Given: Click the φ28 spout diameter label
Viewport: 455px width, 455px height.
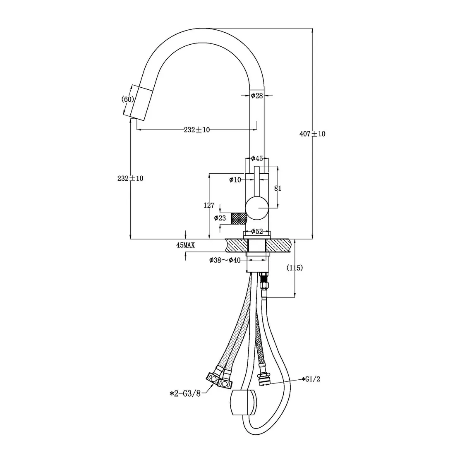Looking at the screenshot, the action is (257, 96).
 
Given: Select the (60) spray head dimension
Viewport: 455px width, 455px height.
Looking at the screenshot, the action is (128, 99).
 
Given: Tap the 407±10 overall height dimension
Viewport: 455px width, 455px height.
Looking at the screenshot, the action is (312, 134).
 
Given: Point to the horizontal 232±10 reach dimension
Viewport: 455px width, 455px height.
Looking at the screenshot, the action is (197, 130).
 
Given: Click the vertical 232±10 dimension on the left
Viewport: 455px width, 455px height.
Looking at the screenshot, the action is (130, 178).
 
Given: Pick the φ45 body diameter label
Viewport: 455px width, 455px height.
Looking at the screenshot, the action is (257, 158).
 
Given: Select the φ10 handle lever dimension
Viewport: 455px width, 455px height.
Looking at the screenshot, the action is (235, 180).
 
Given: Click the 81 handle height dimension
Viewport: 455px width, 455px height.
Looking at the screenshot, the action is (278, 188).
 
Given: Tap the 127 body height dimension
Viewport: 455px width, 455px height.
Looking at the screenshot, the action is (209, 205).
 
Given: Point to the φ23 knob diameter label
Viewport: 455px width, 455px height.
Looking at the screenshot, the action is (220, 218).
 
